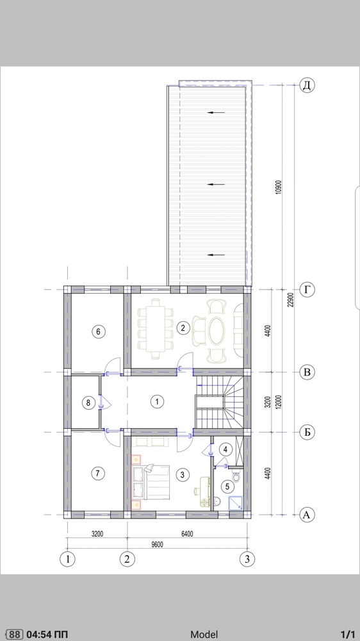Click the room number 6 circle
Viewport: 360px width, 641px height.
[x=98, y=331]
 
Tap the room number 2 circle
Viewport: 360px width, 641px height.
[x=183, y=328]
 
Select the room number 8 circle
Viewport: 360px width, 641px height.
[x=88, y=403]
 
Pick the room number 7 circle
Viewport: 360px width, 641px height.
[x=97, y=474]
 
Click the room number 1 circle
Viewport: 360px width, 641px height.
[x=157, y=402]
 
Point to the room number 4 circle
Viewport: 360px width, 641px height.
[x=225, y=449]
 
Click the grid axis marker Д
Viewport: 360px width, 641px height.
[x=307, y=85]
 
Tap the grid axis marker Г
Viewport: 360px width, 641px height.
[x=307, y=290]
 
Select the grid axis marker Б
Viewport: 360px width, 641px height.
[x=307, y=432]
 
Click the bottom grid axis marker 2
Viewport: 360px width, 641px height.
[x=127, y=559]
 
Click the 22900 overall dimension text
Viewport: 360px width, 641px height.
[x=291, y=299]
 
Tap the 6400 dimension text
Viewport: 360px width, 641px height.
[x=187, y=533]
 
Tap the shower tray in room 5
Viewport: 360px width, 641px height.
[x=235, y=503]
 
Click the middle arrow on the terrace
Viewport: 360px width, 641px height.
[x=216, y=185]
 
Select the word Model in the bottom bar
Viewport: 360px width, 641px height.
[x=204, y=634]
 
